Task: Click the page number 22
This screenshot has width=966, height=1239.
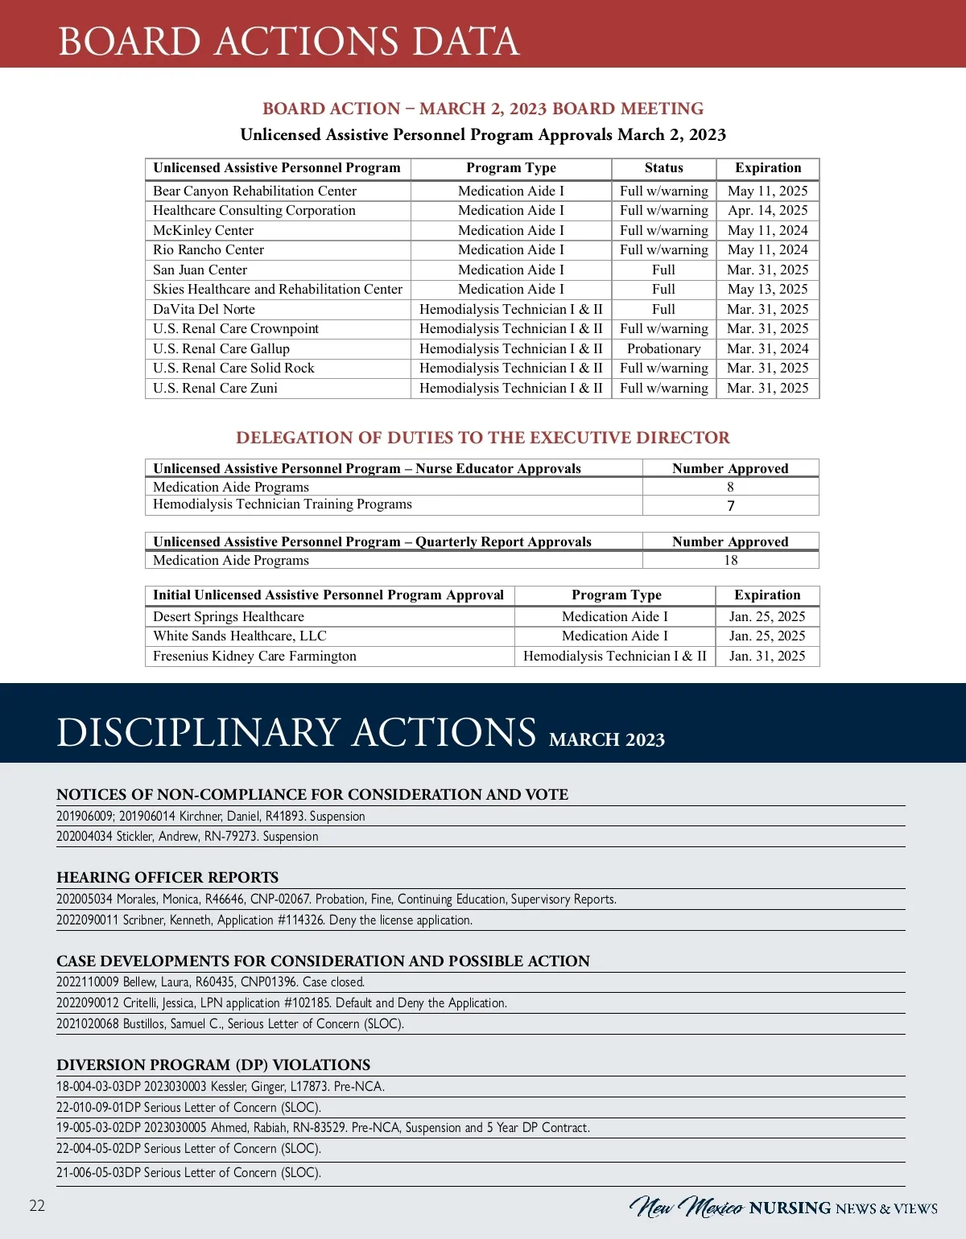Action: coord(37,1205)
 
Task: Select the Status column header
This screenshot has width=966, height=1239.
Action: coord(663,168)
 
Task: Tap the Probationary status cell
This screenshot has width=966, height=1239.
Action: coord(663,348)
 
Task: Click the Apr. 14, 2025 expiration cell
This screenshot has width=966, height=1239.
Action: coord(767,210)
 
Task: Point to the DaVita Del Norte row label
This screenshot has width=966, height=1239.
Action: coord(204,309)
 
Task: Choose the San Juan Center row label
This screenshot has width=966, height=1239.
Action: coord(200,270)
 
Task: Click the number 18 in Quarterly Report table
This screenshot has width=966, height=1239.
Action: coord(730,560)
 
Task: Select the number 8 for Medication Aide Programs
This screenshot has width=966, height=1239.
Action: coord(730,487)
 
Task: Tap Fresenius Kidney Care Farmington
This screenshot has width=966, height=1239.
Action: coord(254,656)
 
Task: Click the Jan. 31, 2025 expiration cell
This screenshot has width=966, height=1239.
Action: coord(766,656)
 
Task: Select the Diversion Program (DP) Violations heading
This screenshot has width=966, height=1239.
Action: coord(213,1064)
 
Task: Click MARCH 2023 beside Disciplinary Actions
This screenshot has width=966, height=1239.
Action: coord(607,739)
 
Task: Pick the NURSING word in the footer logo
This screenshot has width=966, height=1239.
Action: coord(790,1208)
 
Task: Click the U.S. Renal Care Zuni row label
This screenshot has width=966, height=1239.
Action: coord(215,388)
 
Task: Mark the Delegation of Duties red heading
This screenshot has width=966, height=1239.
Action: coord(483,438)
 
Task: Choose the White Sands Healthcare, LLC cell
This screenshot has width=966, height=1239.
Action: coord(240,636)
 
